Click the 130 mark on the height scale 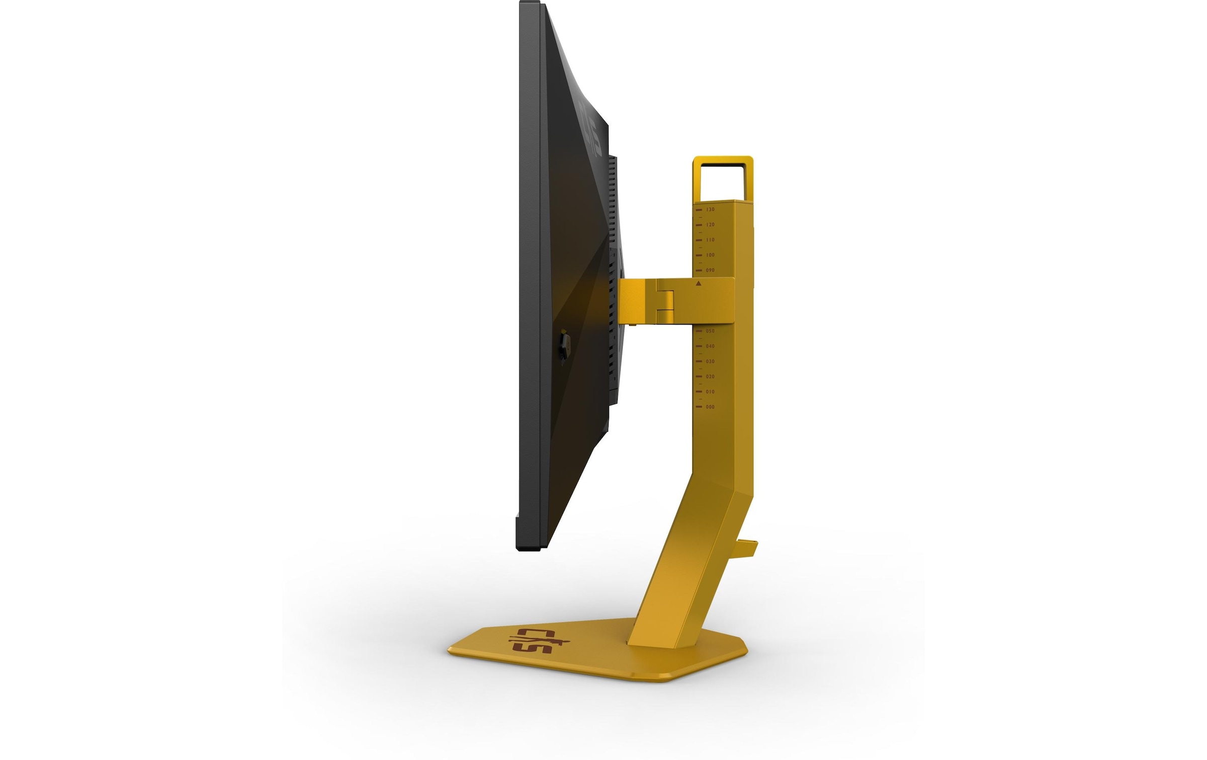[x=710, y=209]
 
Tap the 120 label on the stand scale [x=710, y=224]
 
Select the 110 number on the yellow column [x=710, y=240]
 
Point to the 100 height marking [x=710, y=255]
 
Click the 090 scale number [x=710, y=270]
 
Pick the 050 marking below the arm [x=710, y=331]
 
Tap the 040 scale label [x=710, y=346]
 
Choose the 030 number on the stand [x=710, y=361]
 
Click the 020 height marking [x=710, y=376]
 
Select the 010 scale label [x=710, y=392]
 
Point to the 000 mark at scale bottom [x=710, y=407]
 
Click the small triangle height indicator [x=699, y=284]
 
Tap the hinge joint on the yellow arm [x=665, y=300]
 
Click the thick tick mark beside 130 [x=699, y=209]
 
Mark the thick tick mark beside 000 [x=699, y=407]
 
